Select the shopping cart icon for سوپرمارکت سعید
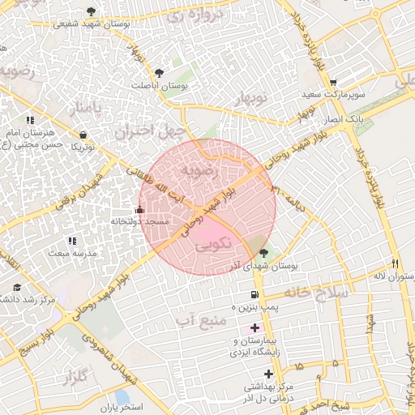[333, 83]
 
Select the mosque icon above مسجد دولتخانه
[139, 209]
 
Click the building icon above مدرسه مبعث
[72, 242]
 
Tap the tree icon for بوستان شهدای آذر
[263, 254]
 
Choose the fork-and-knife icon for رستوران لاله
[395, 263]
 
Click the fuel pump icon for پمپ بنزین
[255, 295]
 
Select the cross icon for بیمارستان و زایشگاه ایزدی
[255, 328]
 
